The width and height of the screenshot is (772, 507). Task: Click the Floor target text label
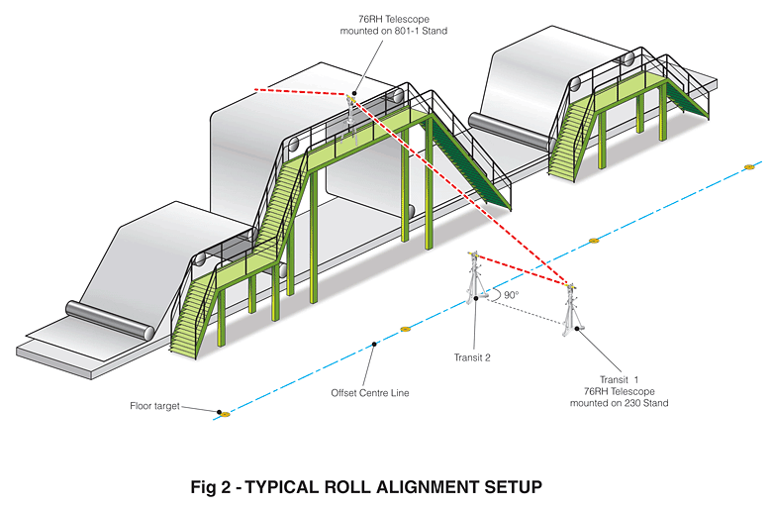[x=154, y=405]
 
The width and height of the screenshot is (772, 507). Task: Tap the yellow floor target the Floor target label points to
[x=225, y=414]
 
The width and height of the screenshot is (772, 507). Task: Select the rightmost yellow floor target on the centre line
[x=749, y=165]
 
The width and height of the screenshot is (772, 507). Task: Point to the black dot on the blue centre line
[x=373, y=344]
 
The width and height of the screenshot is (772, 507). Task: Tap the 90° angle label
[x=512, y=295]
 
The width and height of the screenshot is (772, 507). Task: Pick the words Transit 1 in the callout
[x=620, y=378]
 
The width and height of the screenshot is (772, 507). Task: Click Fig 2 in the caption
[x=212, y=487]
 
